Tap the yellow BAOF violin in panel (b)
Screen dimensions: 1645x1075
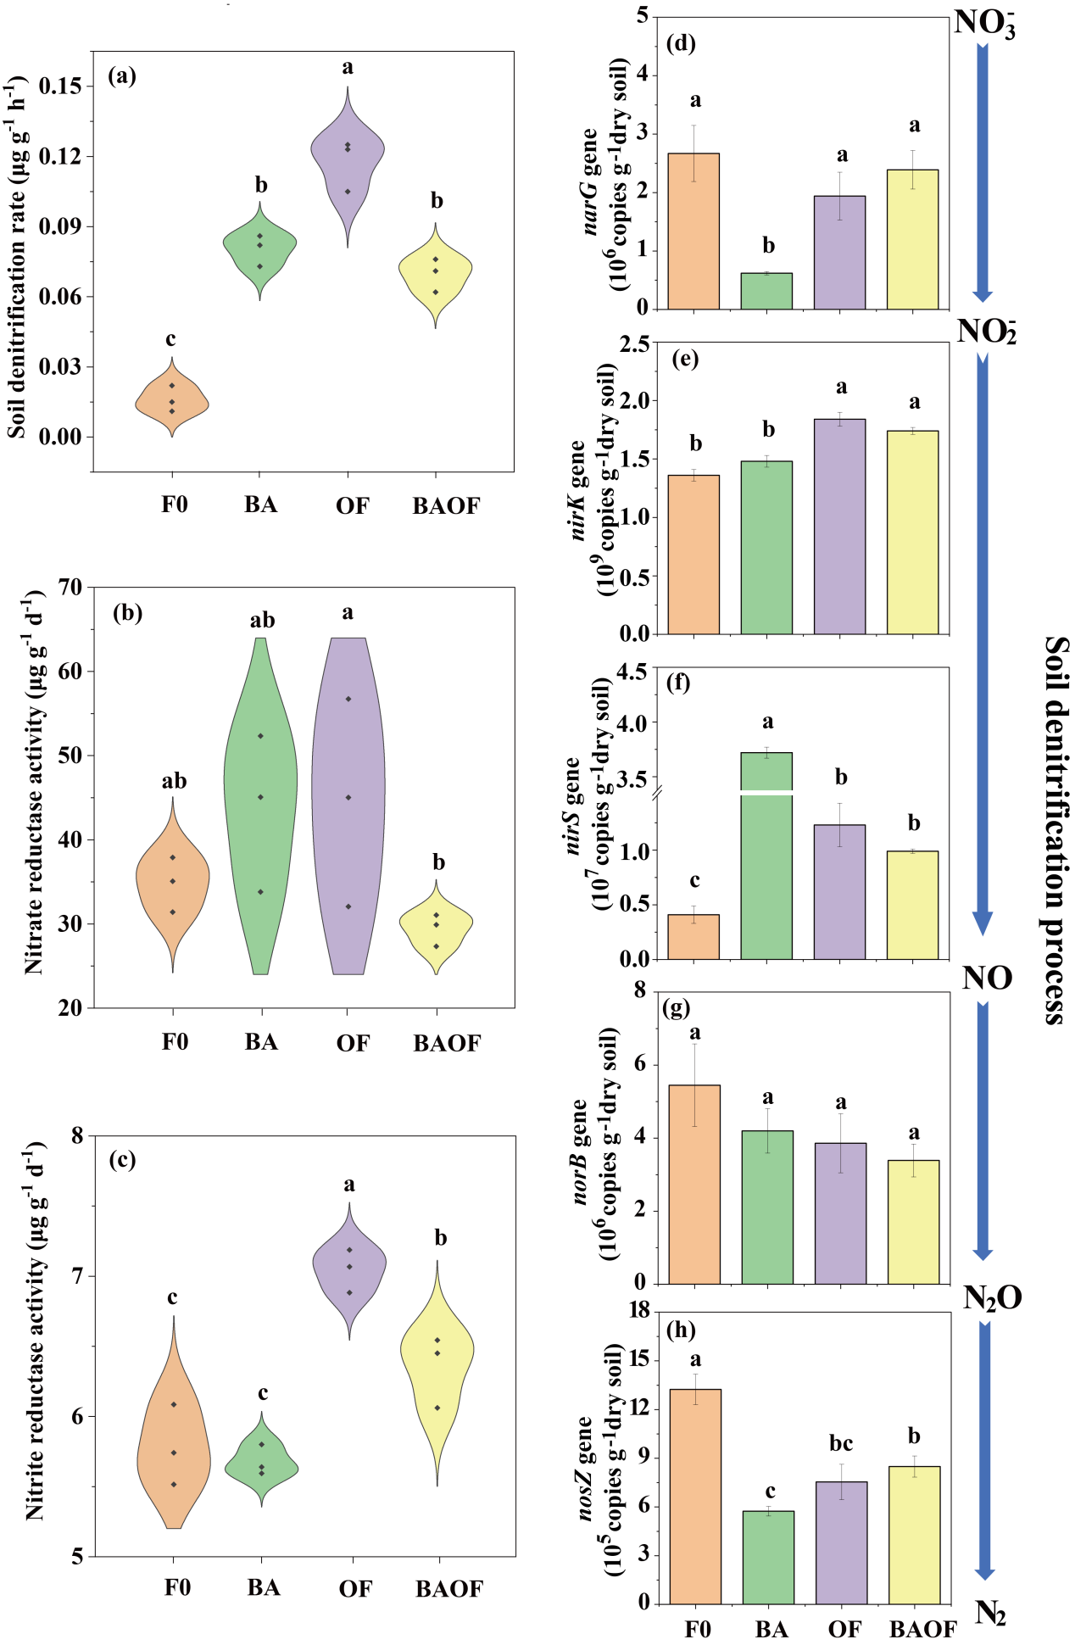(437, 925)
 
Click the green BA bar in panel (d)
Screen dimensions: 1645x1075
(766, 291)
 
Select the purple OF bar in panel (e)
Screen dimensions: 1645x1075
(839, 526)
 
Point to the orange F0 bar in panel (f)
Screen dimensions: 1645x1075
(693, 936)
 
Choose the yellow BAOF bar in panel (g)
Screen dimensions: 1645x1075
(913, 1221)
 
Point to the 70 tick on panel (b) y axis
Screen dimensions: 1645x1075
(70, 587)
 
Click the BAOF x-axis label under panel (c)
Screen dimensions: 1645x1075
(448, 1588)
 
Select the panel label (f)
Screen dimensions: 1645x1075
(679, 683)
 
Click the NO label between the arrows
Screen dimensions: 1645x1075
(987, 979)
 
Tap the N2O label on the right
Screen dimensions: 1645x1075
(992, 1297)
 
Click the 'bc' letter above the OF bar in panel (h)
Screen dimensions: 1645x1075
(841, 1442)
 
